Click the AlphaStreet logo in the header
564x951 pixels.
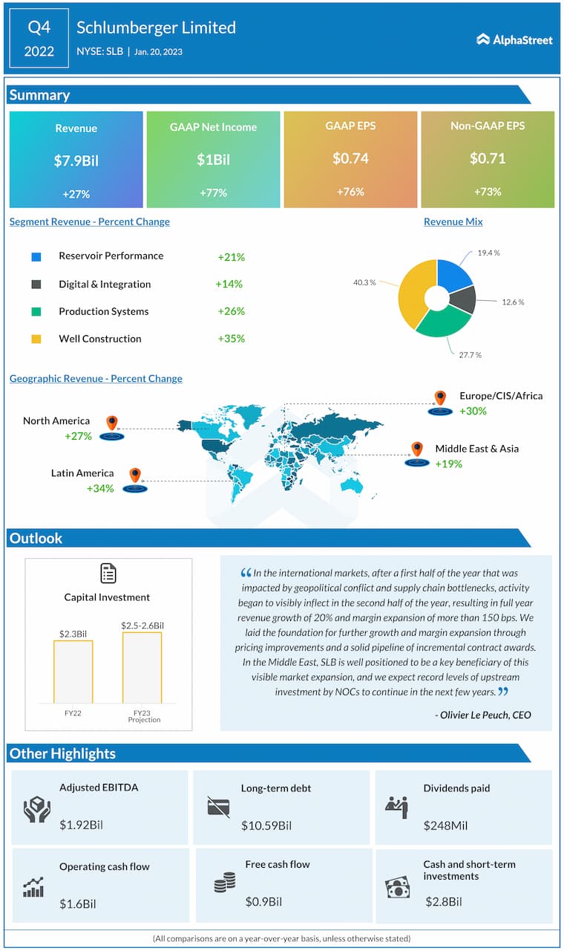tap(514, 40)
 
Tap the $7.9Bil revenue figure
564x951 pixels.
tap(76, 160)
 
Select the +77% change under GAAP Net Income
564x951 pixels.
tap(213, 193)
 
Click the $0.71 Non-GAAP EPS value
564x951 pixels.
tap(487, 158)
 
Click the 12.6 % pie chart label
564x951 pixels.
tap(512, 302)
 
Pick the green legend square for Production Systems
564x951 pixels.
tap(36, 312)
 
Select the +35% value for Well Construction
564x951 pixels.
tap(231, 339)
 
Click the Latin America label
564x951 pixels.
tap(82, 473)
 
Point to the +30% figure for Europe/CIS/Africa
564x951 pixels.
tap(473, 411)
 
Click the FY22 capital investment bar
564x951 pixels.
tap(73, 672)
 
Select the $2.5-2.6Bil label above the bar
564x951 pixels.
tap(142, 626)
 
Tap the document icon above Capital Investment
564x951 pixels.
tap(108, 573)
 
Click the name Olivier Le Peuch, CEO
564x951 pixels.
tap(483, 715)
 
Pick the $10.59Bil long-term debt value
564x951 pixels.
tap(266, 825)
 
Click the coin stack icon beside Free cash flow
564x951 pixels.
tap(224, 883)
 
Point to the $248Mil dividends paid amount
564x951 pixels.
tap(445, 825)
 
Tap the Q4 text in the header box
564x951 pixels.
tap(39, 28)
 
